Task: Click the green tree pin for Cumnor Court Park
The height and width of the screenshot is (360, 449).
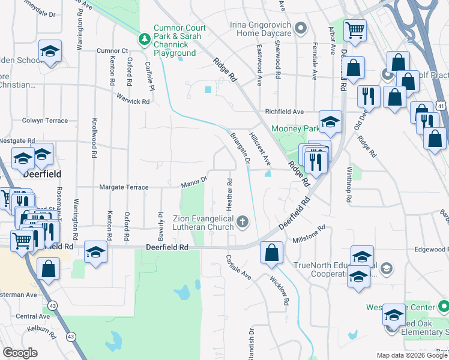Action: [x=145, y=40]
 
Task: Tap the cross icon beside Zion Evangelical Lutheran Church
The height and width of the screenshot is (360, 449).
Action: [x=243, y=223]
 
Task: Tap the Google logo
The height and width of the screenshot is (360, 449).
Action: [x=20, y=352]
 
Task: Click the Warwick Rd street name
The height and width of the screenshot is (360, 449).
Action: [x=133, y=101]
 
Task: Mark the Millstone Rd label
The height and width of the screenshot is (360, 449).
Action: [x=309, y=233]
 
